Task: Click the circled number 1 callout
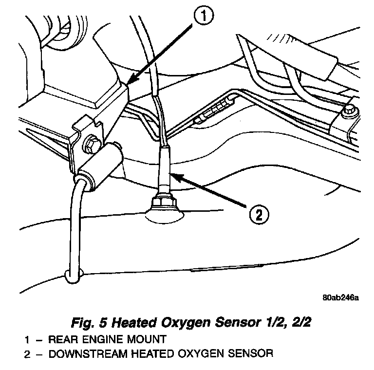[x=204, y=17]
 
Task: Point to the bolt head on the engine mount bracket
[x=91, y=145]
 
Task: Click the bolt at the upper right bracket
[x=347, y=112]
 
